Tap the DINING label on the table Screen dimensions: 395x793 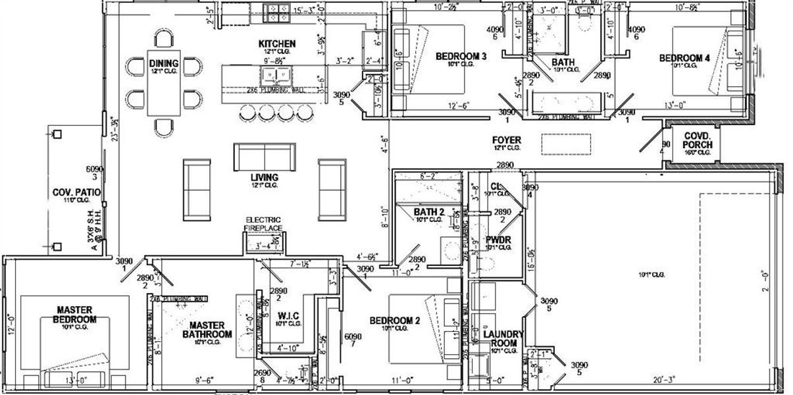(x=163, y=64)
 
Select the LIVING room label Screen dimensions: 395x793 (x=264, y=178)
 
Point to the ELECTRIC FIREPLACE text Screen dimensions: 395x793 (x=264, y=224)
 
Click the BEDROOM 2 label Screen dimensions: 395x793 (x=394, y=321)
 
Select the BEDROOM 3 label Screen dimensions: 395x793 (x=461, y=57)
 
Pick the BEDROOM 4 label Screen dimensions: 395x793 (x=684, y=59)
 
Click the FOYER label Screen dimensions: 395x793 (x=506, y=140)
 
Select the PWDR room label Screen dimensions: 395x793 (x=498, y=240)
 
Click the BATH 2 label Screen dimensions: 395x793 (x=429, y=212)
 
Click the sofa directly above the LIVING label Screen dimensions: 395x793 (x=264, y=157)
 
